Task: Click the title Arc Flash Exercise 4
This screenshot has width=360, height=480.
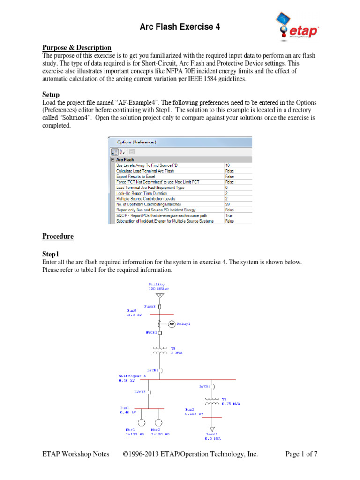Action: click(x=180, y=27)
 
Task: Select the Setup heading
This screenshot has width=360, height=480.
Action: click(x=52, y=95)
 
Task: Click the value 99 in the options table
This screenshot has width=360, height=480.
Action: click(x=227, y=204)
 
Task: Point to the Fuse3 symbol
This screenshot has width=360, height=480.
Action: click(x=160, y=306)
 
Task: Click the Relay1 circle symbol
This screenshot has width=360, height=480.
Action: click(x=172, y=324)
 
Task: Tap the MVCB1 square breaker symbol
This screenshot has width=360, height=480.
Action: click(x=160, y=333)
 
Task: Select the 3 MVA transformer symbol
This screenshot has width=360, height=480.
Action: click(x=160, y=350)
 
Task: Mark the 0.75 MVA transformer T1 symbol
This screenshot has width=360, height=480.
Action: click(x=212, y=401)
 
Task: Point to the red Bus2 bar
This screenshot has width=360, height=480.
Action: click(x=212, y=417)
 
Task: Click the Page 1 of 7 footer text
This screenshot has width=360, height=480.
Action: click(x=301, y=454)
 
